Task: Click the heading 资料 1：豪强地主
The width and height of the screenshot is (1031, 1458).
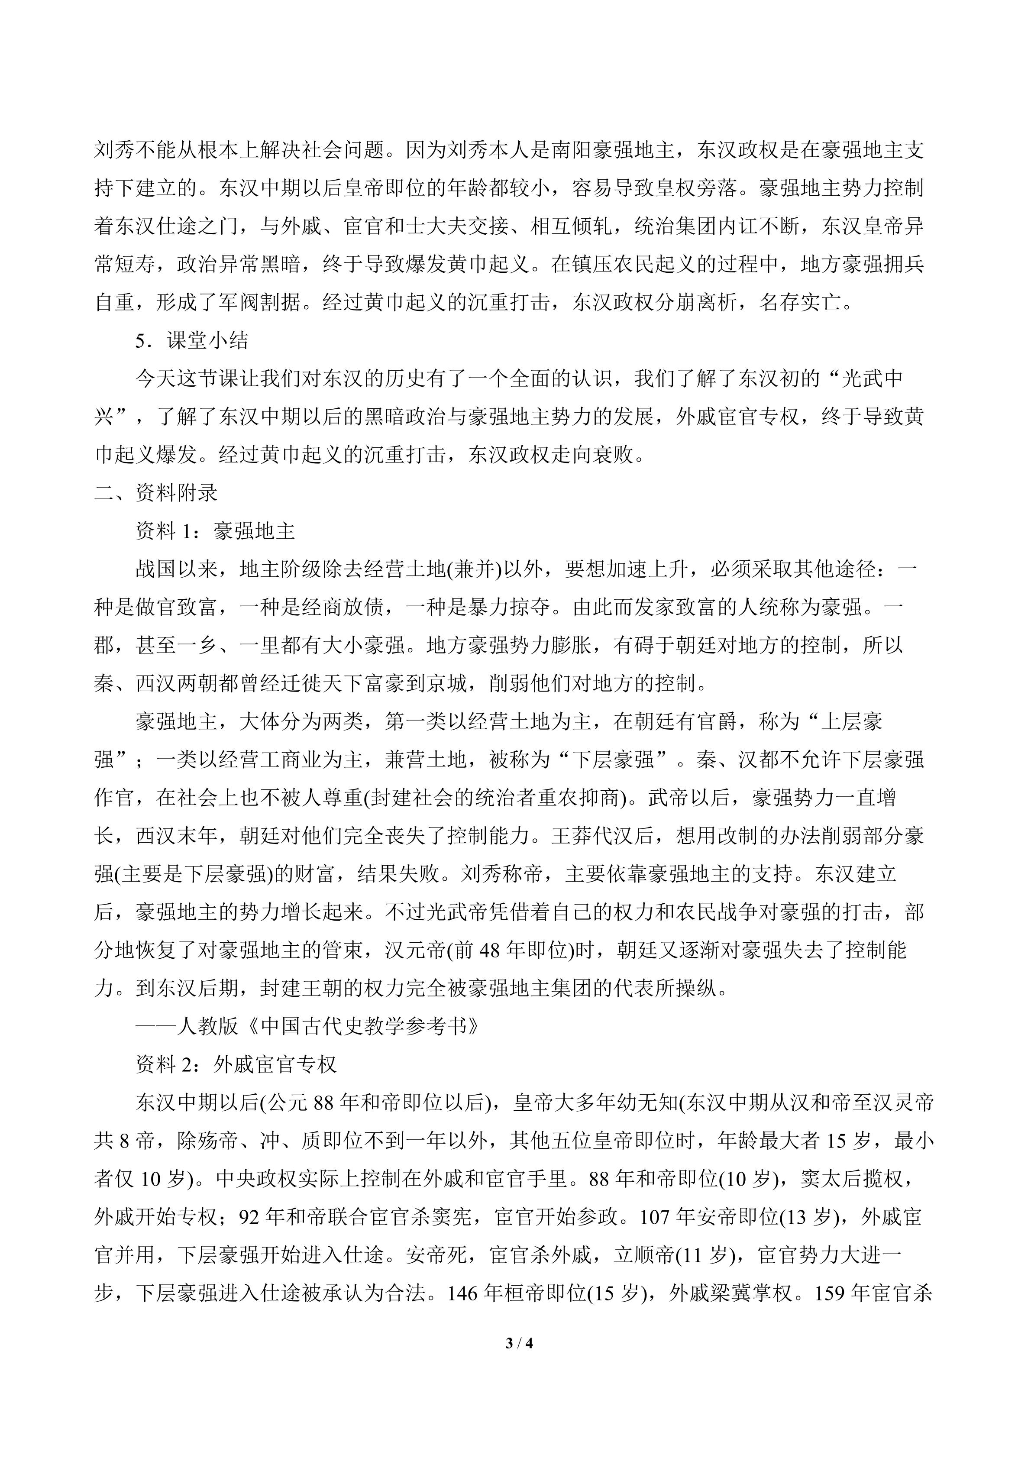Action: [x=216, y=531]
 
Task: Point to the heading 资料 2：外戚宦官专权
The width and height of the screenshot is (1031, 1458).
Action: [x=236, y=1064]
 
